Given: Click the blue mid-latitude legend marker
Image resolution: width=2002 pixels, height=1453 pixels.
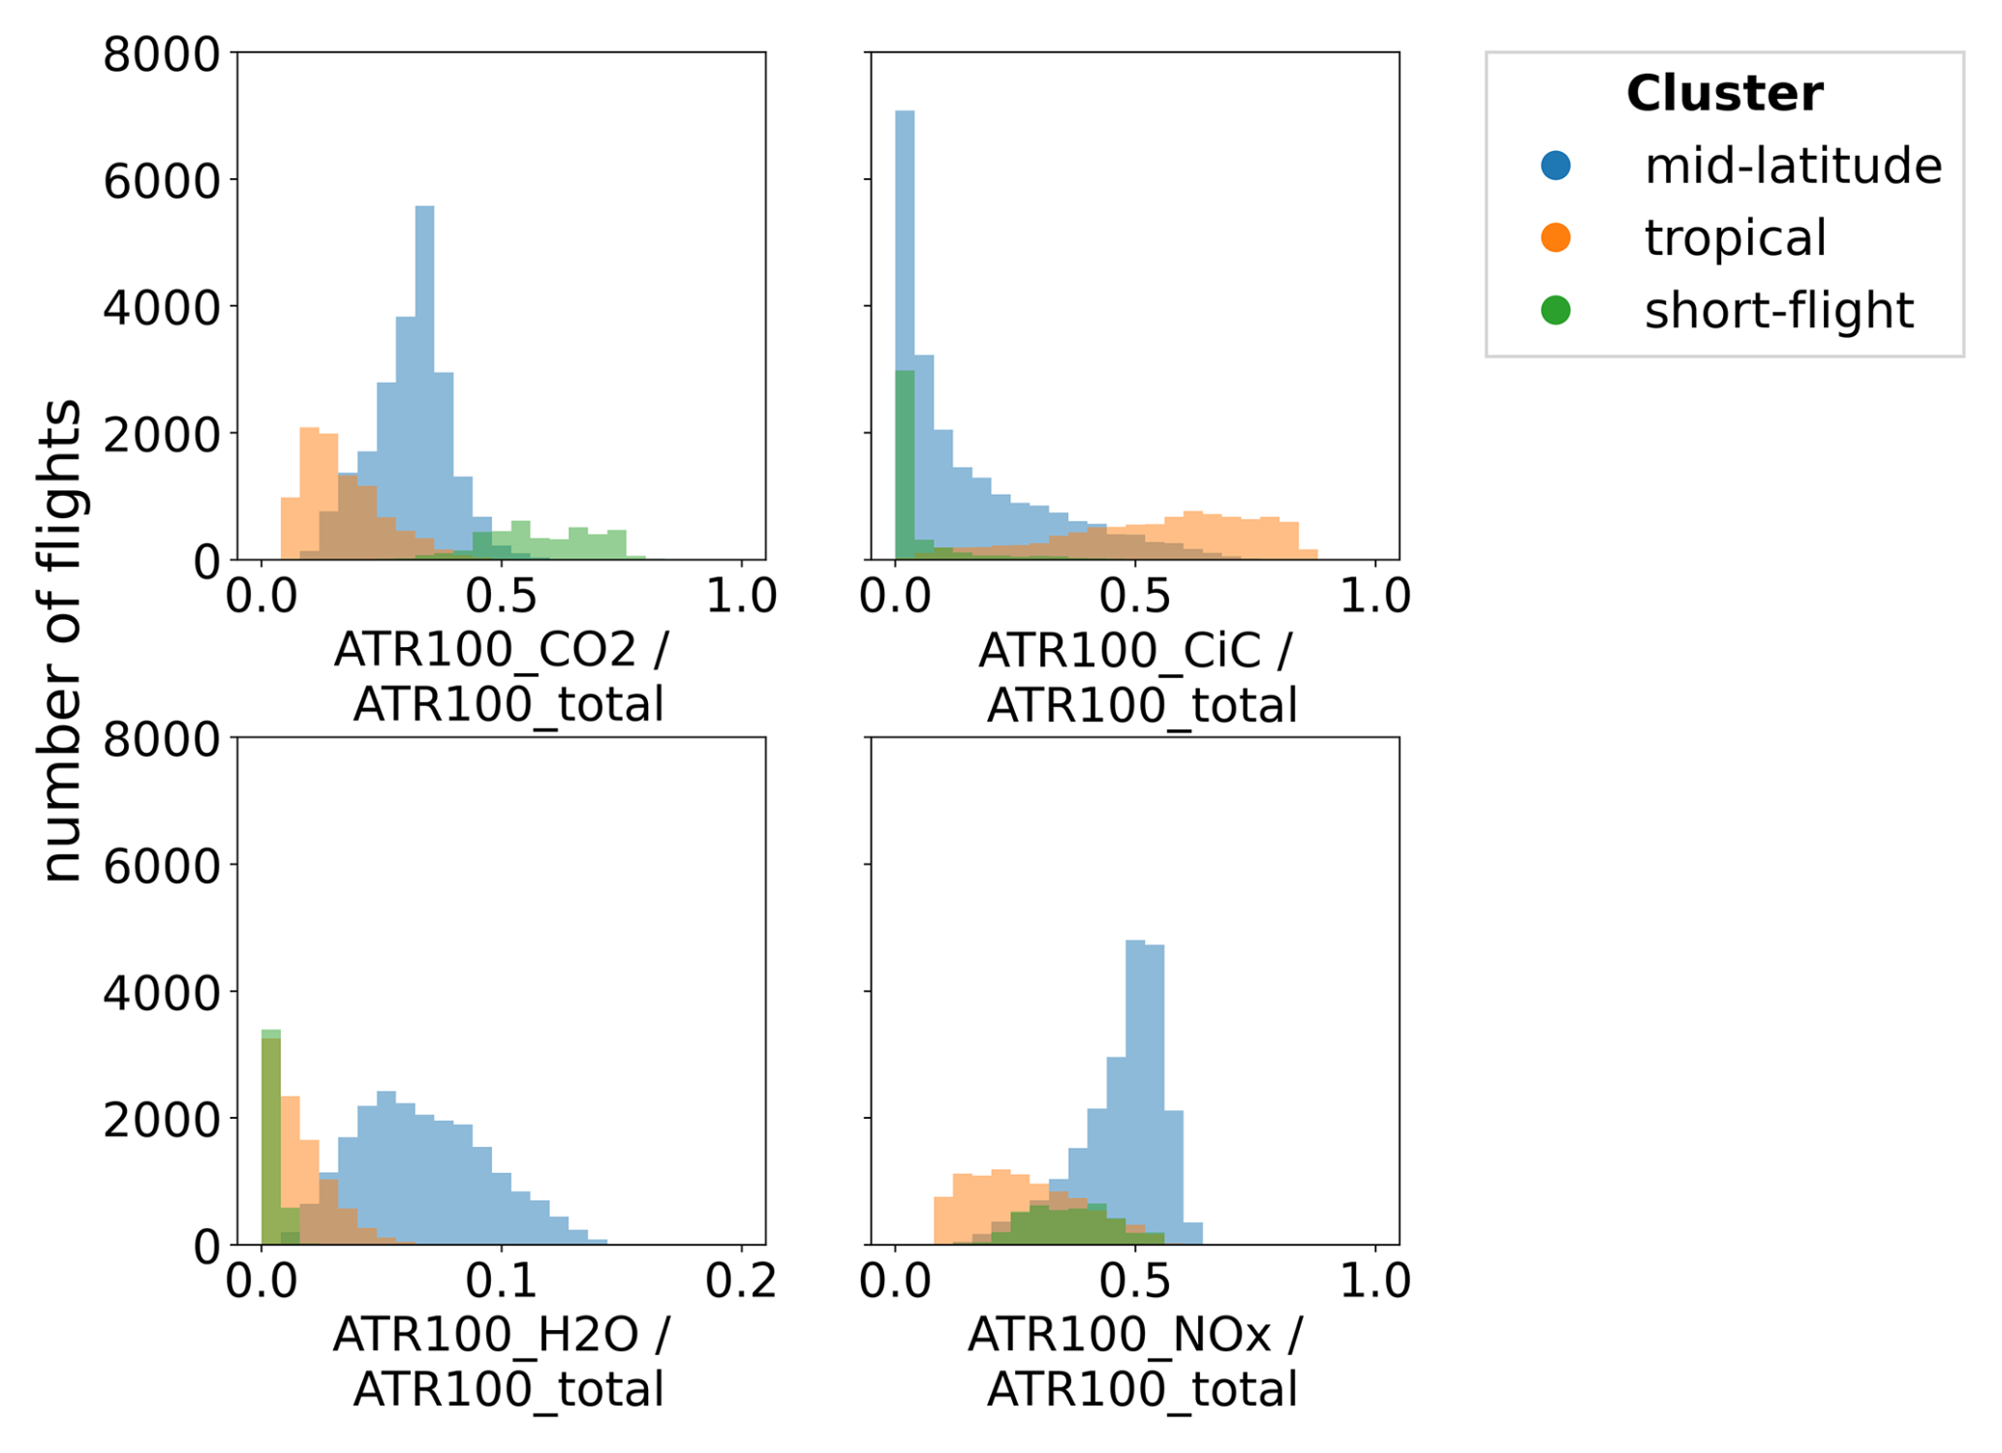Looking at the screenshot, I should coord(1555,166).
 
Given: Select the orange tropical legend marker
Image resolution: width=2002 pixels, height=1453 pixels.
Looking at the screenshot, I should coord(1555,237).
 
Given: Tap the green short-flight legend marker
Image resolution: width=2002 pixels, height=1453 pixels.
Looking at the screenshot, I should coord(1555,310).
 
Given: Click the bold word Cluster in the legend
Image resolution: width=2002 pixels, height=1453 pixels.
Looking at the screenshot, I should coord(1724,94).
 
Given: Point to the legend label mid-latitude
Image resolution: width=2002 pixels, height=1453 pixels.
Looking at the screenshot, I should coord(1793,166).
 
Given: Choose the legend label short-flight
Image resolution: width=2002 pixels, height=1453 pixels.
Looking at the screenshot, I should coord(1778,310).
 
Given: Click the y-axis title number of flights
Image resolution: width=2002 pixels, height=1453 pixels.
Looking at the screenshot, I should coord(60,640).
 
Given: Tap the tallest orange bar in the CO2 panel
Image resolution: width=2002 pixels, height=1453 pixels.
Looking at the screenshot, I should coord(310,493).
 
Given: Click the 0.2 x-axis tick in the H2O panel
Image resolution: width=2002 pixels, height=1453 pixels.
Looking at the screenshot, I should coord(741,1282).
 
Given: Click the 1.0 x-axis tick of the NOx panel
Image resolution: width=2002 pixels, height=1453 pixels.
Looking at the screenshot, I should coord(1374,1282).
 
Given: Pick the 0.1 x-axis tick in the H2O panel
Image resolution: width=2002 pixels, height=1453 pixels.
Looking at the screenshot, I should coord(501,1282).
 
